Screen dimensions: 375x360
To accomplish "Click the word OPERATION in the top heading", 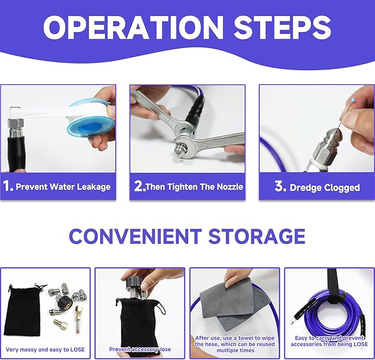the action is pyautogui.click(x=133, y=27).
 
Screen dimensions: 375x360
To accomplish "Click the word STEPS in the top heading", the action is pyautogui.click(x=282, y=27).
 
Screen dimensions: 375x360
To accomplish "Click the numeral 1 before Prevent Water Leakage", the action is pyautogui.click(x=8, y=186).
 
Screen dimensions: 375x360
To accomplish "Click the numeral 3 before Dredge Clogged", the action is pyautogui.click(x=279, y=186).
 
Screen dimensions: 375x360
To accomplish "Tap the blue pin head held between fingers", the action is pyautogui.click(x=353, y=100).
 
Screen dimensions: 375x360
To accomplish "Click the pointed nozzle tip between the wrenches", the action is pyautogui.click(x=178, y=151).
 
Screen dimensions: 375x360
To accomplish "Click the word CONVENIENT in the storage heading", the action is pyautogui.click(x=135, y=236).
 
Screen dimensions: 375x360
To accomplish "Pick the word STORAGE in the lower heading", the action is pyautogui.click(x=257, y=236).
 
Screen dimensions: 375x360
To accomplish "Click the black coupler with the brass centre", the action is pyautogui.click(x=65, y=303).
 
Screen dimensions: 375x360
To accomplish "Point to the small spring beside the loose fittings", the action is pyautogui.click(x=77, y=327).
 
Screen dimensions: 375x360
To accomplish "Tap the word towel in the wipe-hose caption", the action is pyautogui.click(x=246, y=338).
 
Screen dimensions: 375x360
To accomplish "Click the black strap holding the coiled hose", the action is pyautogui.click(x=332, y=287).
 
